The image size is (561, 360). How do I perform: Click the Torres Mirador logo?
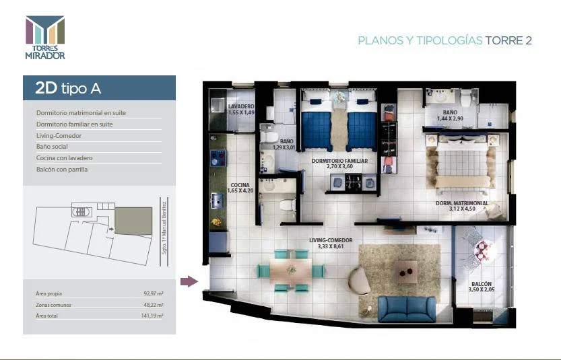[45, 37]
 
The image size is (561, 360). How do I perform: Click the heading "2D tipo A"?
[68, 88]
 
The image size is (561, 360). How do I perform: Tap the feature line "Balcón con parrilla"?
[62, 170]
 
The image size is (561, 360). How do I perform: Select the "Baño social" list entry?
[52, 147]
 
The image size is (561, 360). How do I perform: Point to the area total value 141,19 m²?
[152, 316]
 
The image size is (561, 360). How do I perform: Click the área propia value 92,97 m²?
[154, 293]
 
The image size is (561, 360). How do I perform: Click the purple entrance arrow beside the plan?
[189, 281]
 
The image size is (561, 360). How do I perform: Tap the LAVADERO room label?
[241, 106]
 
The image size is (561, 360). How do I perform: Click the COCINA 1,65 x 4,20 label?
[240, 188]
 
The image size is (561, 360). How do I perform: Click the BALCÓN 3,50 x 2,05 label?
[482, 287]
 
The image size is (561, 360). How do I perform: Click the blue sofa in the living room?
[407, 309]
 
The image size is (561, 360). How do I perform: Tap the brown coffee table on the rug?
[406, 272]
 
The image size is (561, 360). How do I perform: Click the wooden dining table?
[290, 271]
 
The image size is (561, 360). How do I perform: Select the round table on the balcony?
[483, 249]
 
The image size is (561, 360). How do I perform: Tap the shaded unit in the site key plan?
[133, 221]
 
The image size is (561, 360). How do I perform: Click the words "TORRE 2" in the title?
[508, 40]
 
